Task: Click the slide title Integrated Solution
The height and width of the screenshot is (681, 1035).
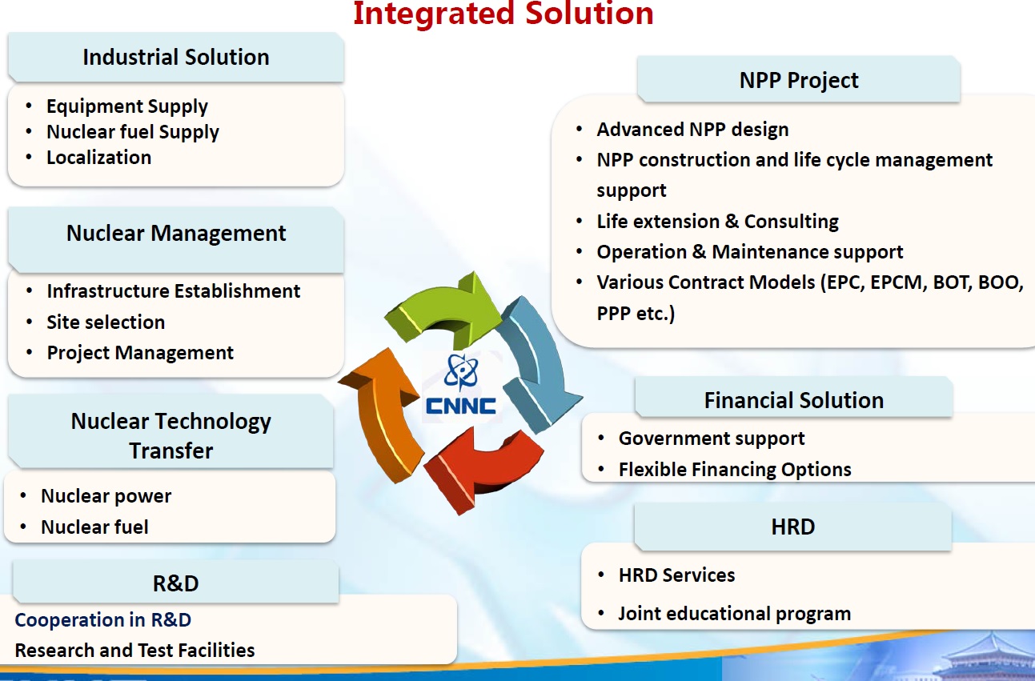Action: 503,13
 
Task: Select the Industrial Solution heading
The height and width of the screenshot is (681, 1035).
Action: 175,58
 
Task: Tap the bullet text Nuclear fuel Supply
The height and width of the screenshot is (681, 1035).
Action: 133,132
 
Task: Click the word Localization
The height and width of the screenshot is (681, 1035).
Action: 99,158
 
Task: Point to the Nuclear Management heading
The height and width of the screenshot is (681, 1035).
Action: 176,234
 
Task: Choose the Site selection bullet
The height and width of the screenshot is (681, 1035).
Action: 106,322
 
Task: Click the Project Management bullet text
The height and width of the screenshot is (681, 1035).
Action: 140,353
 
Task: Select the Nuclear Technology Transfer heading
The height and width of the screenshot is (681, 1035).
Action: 171,435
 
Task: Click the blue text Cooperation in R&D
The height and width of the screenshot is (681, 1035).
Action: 102,620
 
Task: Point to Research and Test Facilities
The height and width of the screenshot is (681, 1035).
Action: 134,650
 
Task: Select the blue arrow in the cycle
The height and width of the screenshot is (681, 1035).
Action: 537,365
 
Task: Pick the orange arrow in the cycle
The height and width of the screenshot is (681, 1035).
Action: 383,416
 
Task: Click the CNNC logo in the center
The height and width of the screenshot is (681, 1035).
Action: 461,385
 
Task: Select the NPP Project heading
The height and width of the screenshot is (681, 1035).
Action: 799,80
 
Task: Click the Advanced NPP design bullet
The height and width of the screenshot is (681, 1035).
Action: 692,130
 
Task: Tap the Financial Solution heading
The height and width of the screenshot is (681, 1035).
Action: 794,400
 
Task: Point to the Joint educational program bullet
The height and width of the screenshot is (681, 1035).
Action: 735,614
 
